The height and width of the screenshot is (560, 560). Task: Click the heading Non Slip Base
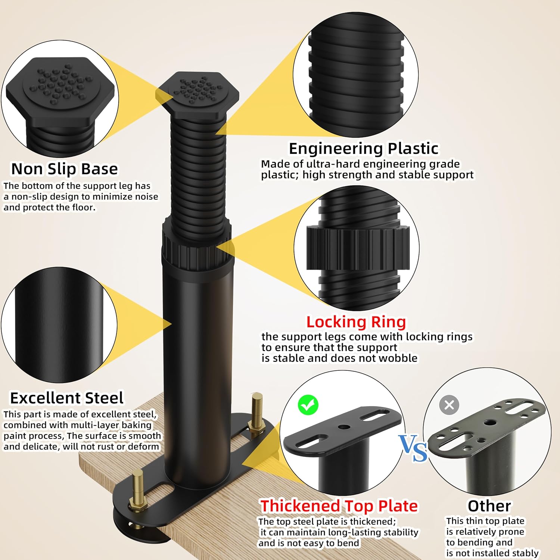(65, 169)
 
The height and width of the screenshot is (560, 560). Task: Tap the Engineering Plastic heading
(364, 149)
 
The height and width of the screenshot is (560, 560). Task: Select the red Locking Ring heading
(356, 322)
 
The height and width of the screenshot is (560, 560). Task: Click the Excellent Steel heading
(67, 398)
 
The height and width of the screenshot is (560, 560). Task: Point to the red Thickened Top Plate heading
(339, 506)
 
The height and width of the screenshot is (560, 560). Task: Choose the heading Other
(489, 506)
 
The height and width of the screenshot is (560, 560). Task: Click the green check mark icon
(308, 405)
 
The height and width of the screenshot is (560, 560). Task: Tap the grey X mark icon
(449, 405)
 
